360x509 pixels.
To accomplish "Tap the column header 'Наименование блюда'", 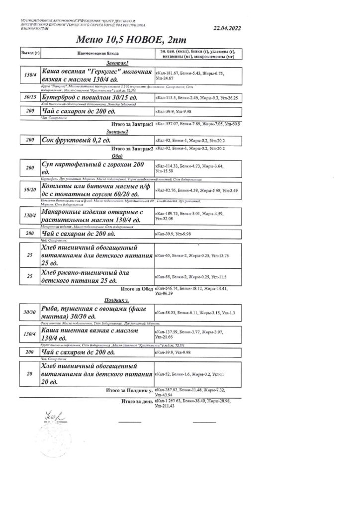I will tap(97, 52).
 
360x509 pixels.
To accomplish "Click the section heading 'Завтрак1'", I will tap(117, 64).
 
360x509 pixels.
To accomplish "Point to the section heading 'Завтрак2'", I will tap(117, 132).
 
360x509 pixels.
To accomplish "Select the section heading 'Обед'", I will tap(117, 155).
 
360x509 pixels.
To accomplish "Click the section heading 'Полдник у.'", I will tap(117, 301).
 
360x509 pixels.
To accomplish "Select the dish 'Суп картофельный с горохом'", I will tap(94, 168).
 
